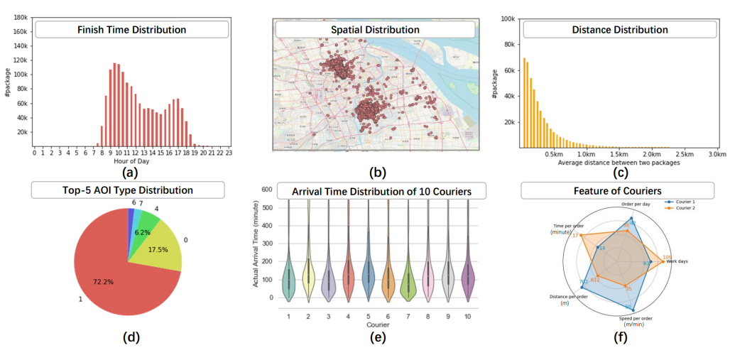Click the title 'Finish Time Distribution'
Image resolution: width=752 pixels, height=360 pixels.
[132, 30]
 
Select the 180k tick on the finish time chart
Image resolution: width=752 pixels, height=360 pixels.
[19, 16]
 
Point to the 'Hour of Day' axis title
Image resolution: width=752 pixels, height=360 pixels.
[131, 162]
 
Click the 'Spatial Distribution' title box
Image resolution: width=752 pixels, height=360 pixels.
[377, 30]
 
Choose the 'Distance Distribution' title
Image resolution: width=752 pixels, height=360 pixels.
[620, 30]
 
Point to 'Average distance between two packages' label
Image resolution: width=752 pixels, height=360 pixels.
[619, 163]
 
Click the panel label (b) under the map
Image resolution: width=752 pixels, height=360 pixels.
[377, 173]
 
